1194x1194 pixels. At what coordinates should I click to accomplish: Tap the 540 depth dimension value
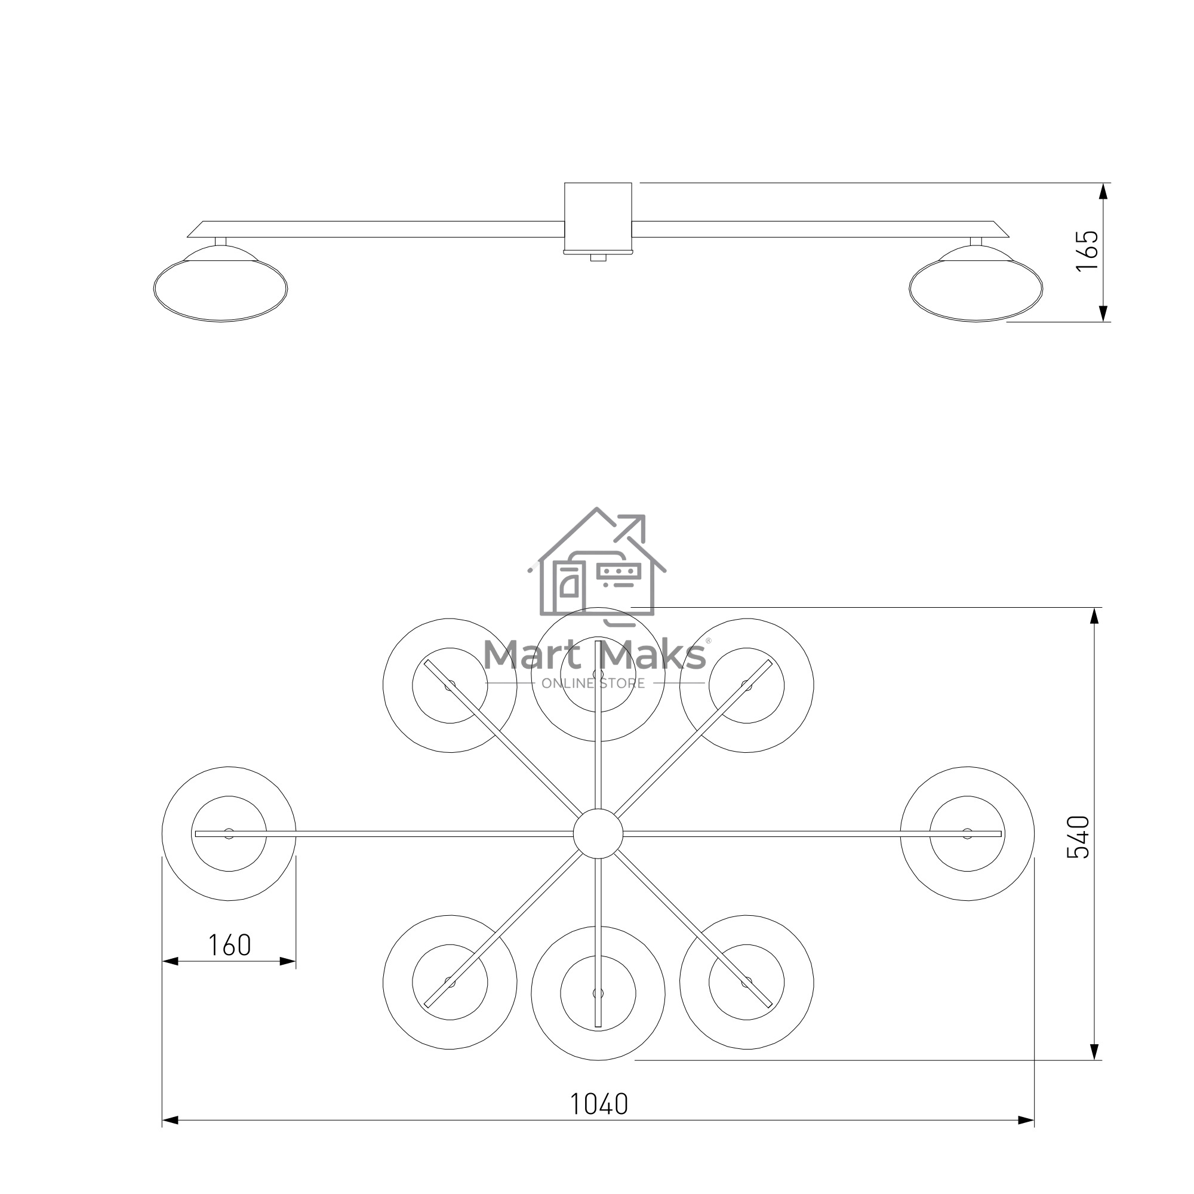pyautogui.click(x=1078, y=838)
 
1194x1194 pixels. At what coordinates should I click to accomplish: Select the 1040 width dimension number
pyautogui.click(x=598, y=1104)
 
